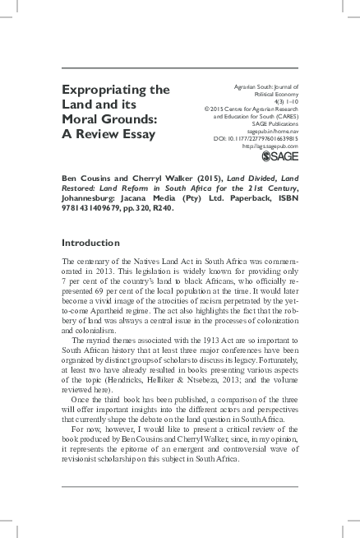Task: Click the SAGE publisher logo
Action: pos(278,157)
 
